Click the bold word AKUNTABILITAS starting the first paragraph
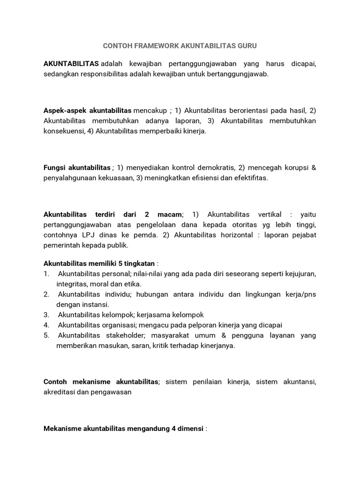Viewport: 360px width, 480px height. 71,63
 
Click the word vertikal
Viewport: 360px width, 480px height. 266,214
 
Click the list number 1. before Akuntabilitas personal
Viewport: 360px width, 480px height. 46,273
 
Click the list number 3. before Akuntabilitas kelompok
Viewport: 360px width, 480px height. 46,315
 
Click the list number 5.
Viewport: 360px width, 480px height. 46,335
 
